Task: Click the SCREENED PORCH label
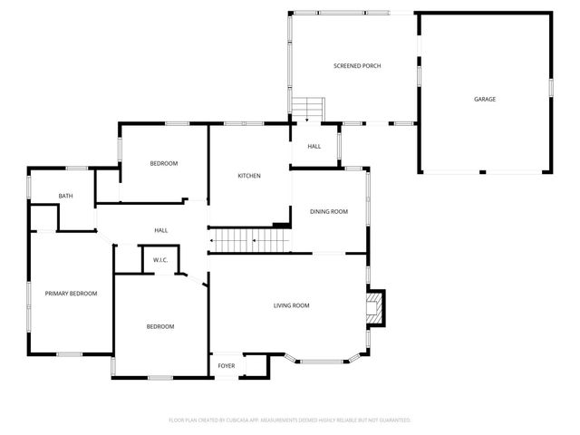pos(356,66)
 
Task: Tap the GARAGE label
pos(485,99)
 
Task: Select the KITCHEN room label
pos(249,176)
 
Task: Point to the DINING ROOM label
pos(329,211)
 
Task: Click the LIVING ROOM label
pos(291,305)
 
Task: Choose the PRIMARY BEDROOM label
pos(72,294)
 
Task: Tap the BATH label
pos(65,196)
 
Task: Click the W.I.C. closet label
pos(160,260)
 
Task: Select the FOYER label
pos(226,365)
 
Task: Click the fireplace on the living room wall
pos(374,306)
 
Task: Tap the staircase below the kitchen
pos(249,241)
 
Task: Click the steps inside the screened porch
pos(306,108)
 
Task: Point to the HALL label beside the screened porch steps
pos(314,146)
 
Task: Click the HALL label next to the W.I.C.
pos(160,230)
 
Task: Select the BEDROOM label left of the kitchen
pos(164,163)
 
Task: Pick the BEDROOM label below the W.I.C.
pos(160,326)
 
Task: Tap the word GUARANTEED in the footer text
pos(393,420)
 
